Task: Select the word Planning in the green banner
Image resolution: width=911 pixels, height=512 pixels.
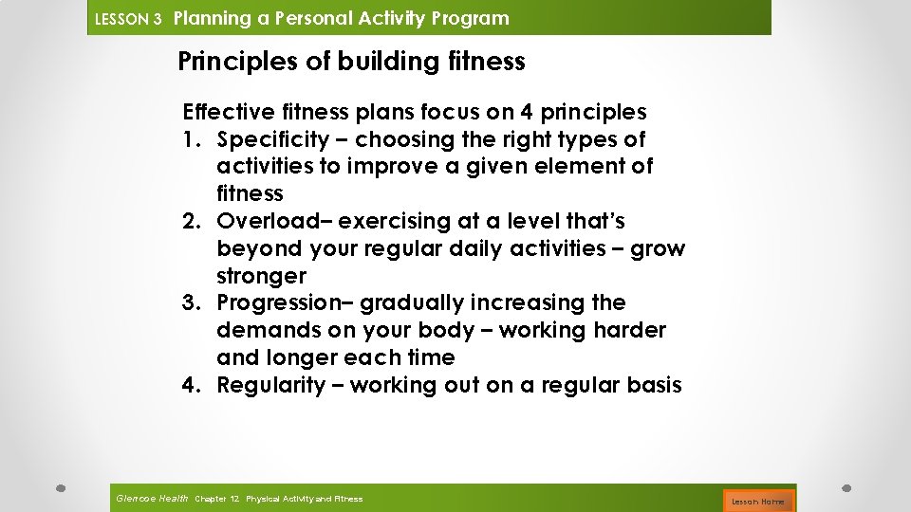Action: tap(213, 18)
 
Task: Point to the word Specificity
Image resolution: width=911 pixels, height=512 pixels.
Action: tap(272, 139)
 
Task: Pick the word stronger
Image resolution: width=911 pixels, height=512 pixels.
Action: tap(262, 276)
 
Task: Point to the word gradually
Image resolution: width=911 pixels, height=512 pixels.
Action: tap(409, 303)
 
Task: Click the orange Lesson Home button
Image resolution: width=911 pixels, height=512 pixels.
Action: tap(758, 500)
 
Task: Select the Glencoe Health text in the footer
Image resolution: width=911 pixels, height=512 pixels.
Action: tap(151, 498)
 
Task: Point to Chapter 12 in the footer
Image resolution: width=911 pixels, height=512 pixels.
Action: tap(216, 499)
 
